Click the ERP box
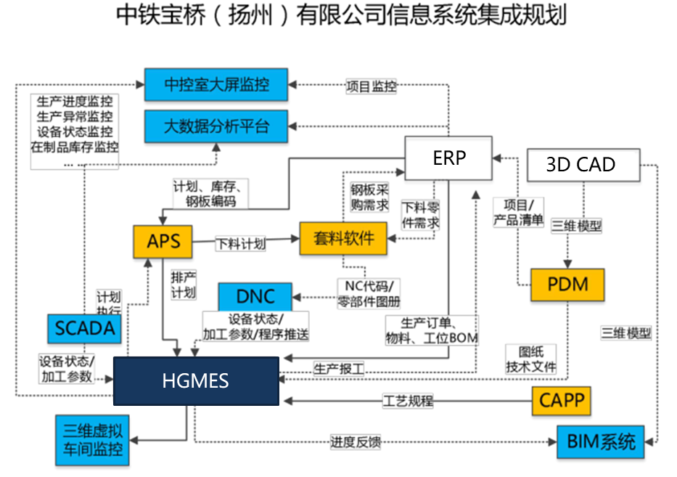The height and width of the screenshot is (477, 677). tap(448, 158)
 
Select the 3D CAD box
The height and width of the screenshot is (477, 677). tap(580, 165)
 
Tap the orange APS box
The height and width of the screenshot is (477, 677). tap(163, 241)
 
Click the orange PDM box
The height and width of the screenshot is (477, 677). tap(568, 284)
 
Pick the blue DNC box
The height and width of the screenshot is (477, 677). tap(255, 296)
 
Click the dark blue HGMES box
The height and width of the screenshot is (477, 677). tap(196, 380)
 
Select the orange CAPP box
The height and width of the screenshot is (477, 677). tap(562, 399)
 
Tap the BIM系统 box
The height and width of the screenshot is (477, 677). tap(601, 441)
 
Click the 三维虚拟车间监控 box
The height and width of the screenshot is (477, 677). tap(92, 440)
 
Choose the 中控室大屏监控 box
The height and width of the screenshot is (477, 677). tap(216, 84)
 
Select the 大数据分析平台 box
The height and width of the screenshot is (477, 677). tap(216, 126)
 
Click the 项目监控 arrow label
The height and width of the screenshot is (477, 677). tap(371, 86)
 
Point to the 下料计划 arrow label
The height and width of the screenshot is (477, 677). tap(240, 244)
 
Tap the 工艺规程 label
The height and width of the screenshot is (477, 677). tap(408, 401)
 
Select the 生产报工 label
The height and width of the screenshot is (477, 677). tap(339, 368)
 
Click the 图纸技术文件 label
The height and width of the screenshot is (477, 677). tap(531, 359)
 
